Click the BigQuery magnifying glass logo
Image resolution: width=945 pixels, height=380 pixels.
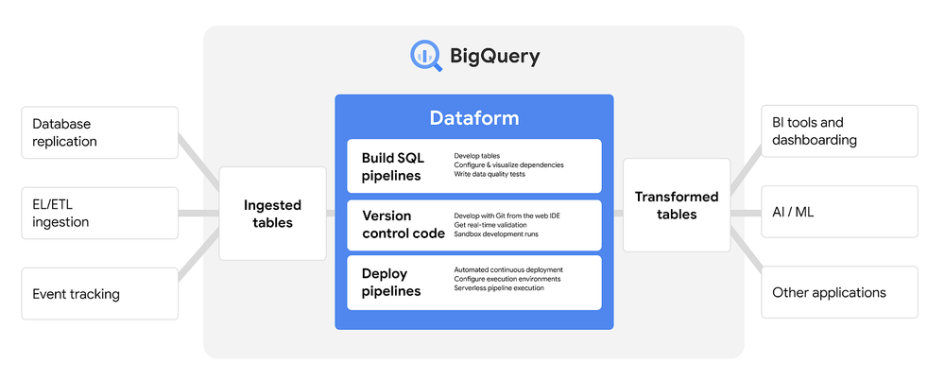coord(426,56)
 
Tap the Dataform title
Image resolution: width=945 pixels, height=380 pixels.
coord(473,118)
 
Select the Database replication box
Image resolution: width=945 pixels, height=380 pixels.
coord(99,132)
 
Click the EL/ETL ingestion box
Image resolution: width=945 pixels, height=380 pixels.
coord(99,213)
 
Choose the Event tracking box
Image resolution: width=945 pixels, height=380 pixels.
coord(99,294)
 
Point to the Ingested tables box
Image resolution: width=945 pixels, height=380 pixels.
coord(272,214)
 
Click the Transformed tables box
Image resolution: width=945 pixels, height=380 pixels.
coord(676,205)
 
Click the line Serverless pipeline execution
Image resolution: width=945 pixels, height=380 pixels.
coord(499,288)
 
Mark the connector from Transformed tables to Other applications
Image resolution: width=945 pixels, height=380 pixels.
coord(748,255)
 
